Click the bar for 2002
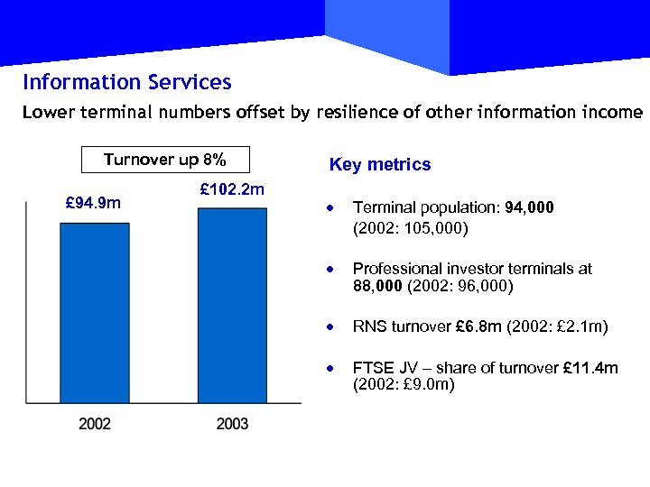(95, 312)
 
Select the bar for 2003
(232, 305)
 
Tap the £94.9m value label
(94, 204)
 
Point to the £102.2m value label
(231, 189)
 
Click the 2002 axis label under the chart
(95, 423)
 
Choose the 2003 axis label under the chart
(232, 423)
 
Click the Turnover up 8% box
(164, 161)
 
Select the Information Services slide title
(127, 83)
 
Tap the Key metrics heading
(380, 165)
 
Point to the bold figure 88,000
(378, 287)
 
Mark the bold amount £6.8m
(471, 326)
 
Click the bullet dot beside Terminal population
(332, 208)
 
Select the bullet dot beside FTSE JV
(332, 369)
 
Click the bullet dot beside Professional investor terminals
(332, 269)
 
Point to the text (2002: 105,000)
(411, 228)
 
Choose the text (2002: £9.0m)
(404, 385)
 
